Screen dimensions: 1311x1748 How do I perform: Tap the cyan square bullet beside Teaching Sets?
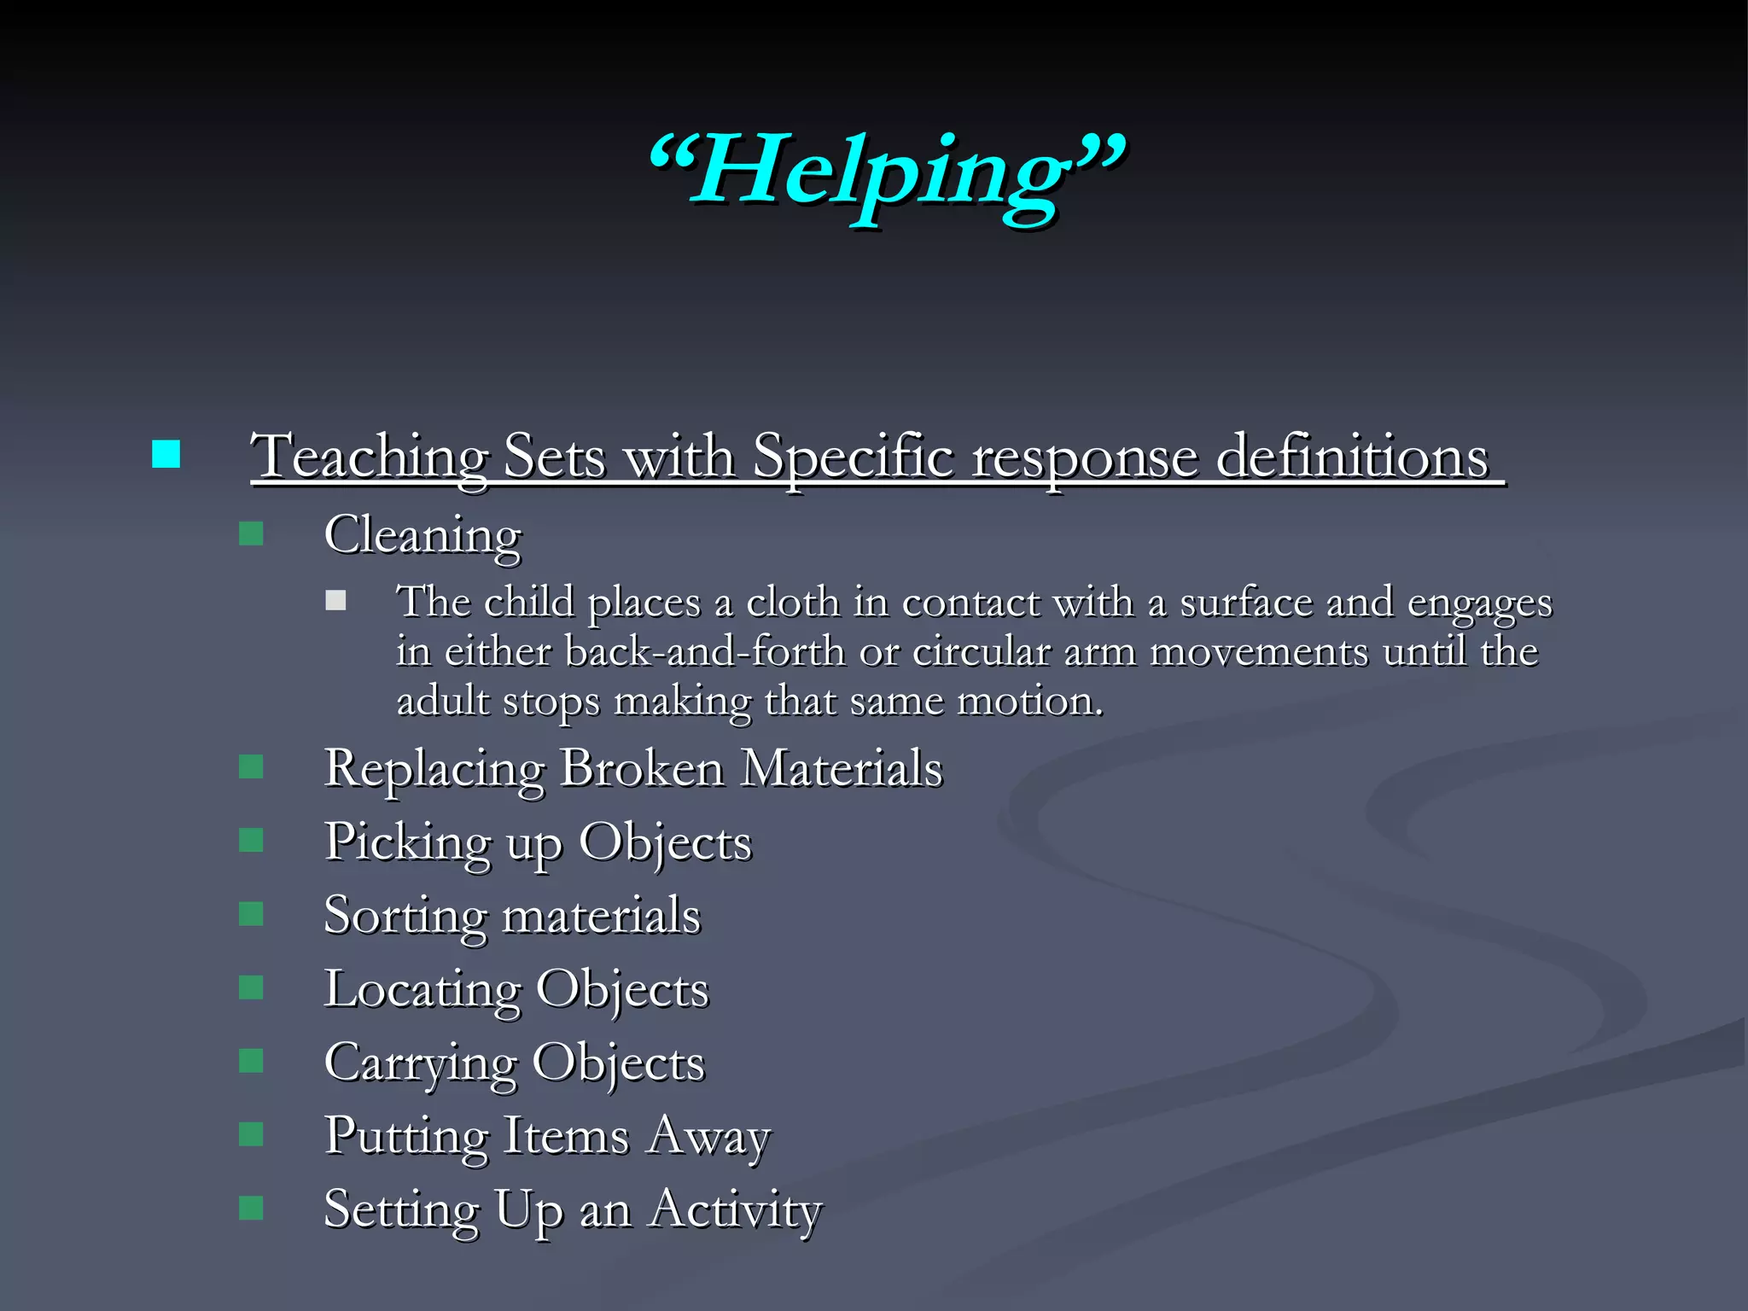pyautogui.click(x=166, y=454)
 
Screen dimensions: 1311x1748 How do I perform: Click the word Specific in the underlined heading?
pyautogui.click(x=853, y=457)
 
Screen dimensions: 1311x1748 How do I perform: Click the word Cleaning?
pyautogui.click(x=422, y=536)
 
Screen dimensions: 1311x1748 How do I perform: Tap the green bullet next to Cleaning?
pyautogui.click(x=251, y=534)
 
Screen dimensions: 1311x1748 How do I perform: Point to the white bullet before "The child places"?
pyautogui.click(x=335, y=601)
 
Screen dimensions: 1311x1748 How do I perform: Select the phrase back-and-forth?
pyautogui.click(x=705, y=652)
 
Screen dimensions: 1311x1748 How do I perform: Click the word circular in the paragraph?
pyautogui.click(x=982, y=652)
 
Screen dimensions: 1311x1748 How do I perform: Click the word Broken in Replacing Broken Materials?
pyautogui.click(x=642, y=768)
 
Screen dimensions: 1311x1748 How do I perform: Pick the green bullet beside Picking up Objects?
pyautogui.click(x=251, y=841)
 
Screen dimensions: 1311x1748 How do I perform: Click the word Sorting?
pyautogui.click(x=405, y=917)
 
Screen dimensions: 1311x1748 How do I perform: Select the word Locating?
pyautogui.click(x=422, y=990)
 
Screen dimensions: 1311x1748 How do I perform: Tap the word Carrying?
pyautogui.click(x=421, y=1064)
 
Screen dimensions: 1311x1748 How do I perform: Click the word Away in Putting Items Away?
pyautogui.click(x=708, y=1138)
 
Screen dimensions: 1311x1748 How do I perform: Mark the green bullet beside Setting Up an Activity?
pyautogui.click(x=251, y=1208)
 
